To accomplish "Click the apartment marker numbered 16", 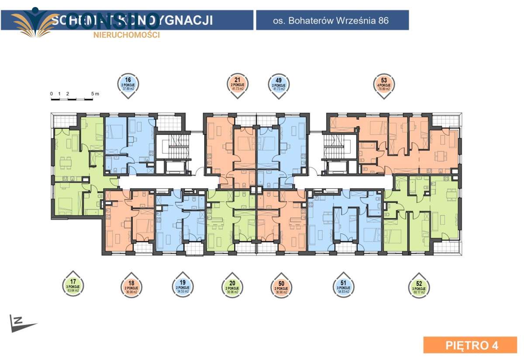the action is point(128,83).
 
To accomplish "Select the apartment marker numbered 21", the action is point(238,83).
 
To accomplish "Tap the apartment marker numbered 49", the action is point(278,83).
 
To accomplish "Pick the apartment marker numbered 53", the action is point(384,83).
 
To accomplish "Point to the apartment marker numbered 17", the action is point(73,286).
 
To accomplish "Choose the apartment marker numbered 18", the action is point(131,286).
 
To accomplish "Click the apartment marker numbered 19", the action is point(183,286).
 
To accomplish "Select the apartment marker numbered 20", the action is point(232,286).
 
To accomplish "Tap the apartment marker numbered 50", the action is point(282,286).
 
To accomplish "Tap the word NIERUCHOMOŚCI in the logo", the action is point(127,35).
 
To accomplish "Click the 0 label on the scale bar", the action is point(51,93).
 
